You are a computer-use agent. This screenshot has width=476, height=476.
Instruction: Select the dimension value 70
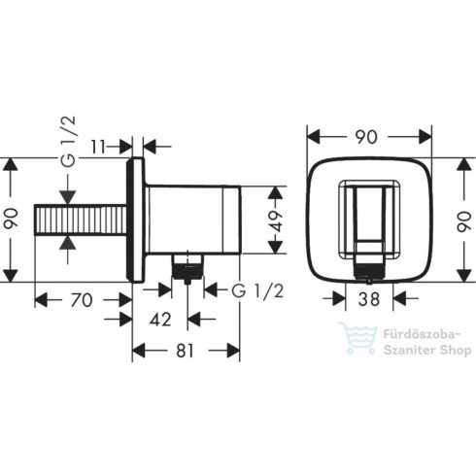82,300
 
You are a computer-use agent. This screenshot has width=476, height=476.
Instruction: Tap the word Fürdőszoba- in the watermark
425,333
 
